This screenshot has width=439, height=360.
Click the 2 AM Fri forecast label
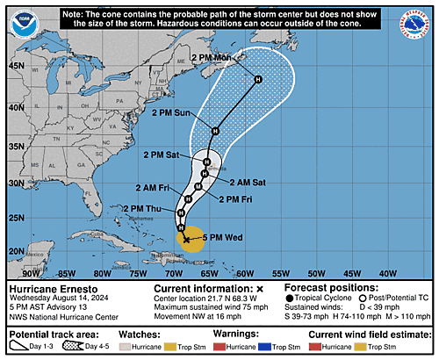(152, 188)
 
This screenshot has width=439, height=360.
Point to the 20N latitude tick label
(16, 251)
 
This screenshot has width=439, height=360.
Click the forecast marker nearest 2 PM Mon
(258, 80)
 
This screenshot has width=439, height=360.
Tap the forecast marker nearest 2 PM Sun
(214, 131)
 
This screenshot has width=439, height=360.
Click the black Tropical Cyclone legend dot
(292, 299)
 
